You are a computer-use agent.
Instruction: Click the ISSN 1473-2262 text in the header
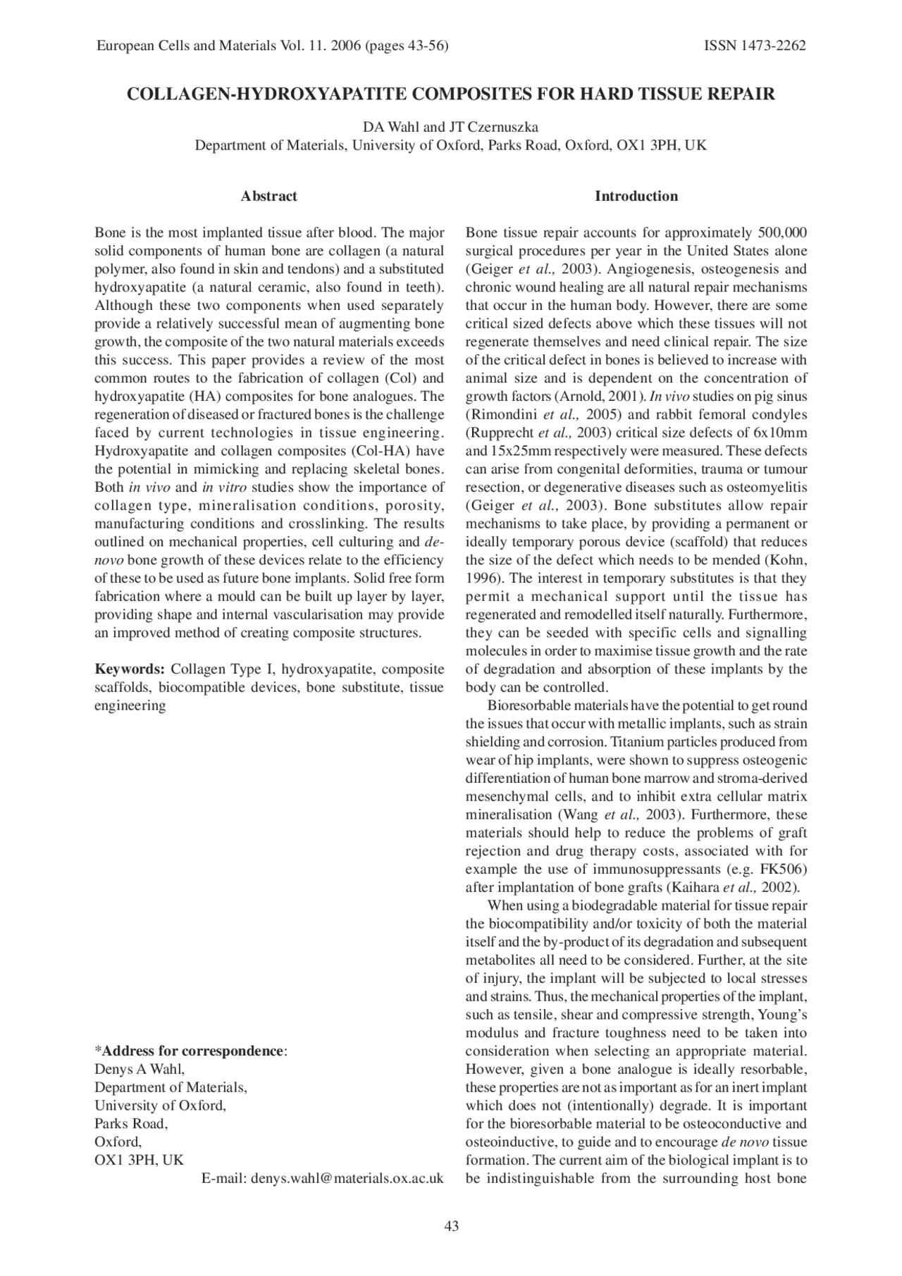tap(755, 47)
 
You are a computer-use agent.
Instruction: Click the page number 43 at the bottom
tap(451, 1227)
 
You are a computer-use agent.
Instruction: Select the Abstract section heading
tap(268, 197)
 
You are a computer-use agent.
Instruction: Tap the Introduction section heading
tap(636, 197)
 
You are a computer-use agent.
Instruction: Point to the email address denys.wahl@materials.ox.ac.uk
tap(347, 1179)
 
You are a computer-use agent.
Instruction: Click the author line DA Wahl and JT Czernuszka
tap(451, 128)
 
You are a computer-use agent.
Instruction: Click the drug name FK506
tap(783, 869)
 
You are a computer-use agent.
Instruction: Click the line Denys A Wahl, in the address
tap(140, 1070)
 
